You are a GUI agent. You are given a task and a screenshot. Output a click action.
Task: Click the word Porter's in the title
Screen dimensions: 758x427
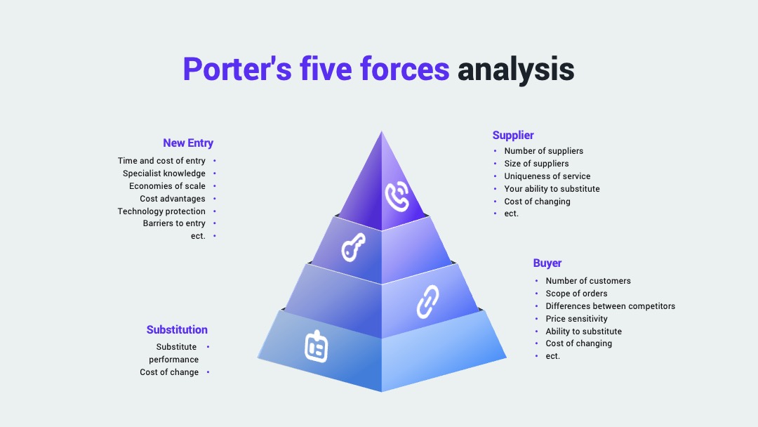237,69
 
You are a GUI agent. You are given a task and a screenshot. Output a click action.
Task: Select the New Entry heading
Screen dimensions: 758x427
188,143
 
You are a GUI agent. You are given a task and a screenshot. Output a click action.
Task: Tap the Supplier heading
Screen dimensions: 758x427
513,136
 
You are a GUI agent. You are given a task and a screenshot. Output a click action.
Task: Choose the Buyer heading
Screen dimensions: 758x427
547,263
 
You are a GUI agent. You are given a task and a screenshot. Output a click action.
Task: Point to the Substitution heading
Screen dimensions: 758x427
177,330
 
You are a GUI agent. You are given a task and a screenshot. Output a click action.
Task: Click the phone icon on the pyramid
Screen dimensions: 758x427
397,196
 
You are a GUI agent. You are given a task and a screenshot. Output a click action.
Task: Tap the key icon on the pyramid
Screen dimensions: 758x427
353,247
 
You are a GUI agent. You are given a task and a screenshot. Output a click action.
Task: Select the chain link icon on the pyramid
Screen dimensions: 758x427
428,302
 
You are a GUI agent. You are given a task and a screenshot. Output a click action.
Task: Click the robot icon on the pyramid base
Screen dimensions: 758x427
316,346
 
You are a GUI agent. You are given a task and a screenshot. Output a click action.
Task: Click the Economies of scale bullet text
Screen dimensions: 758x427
167,186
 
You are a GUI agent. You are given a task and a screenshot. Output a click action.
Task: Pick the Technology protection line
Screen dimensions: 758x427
161,211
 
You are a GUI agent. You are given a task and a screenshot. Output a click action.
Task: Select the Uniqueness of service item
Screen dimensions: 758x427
547,176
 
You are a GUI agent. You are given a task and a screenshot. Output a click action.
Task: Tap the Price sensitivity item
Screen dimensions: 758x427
577,319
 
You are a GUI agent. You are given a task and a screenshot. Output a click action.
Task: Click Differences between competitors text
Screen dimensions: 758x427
611,306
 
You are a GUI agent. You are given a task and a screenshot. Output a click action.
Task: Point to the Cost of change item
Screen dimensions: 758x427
169,372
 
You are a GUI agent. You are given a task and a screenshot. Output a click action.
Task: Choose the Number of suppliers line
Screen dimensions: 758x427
544,151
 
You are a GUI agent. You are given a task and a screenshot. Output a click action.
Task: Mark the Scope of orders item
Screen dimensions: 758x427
577,294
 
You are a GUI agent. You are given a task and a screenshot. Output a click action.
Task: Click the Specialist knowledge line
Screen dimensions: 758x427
164,173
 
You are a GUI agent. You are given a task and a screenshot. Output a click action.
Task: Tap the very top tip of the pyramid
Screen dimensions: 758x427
381,131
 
